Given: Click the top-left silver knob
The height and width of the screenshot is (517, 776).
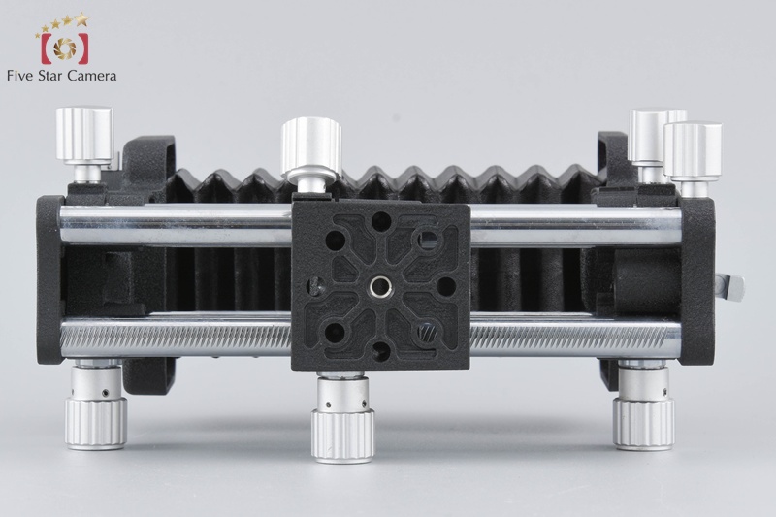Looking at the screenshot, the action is coord(84,134).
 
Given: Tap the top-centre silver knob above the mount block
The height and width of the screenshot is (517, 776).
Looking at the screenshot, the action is coord(311,144).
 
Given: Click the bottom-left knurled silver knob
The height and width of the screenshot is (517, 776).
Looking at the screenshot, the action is coord(96,424).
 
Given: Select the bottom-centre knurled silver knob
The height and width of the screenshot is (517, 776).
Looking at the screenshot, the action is coord(342,436).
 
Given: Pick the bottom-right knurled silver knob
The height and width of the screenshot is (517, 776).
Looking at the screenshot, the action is coord(643,424).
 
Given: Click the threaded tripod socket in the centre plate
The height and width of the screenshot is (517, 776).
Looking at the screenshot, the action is coord(379,285).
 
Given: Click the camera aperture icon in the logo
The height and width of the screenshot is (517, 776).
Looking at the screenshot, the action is coord(65,48).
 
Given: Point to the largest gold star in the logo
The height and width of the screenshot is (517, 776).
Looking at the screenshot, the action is coord(81,19).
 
